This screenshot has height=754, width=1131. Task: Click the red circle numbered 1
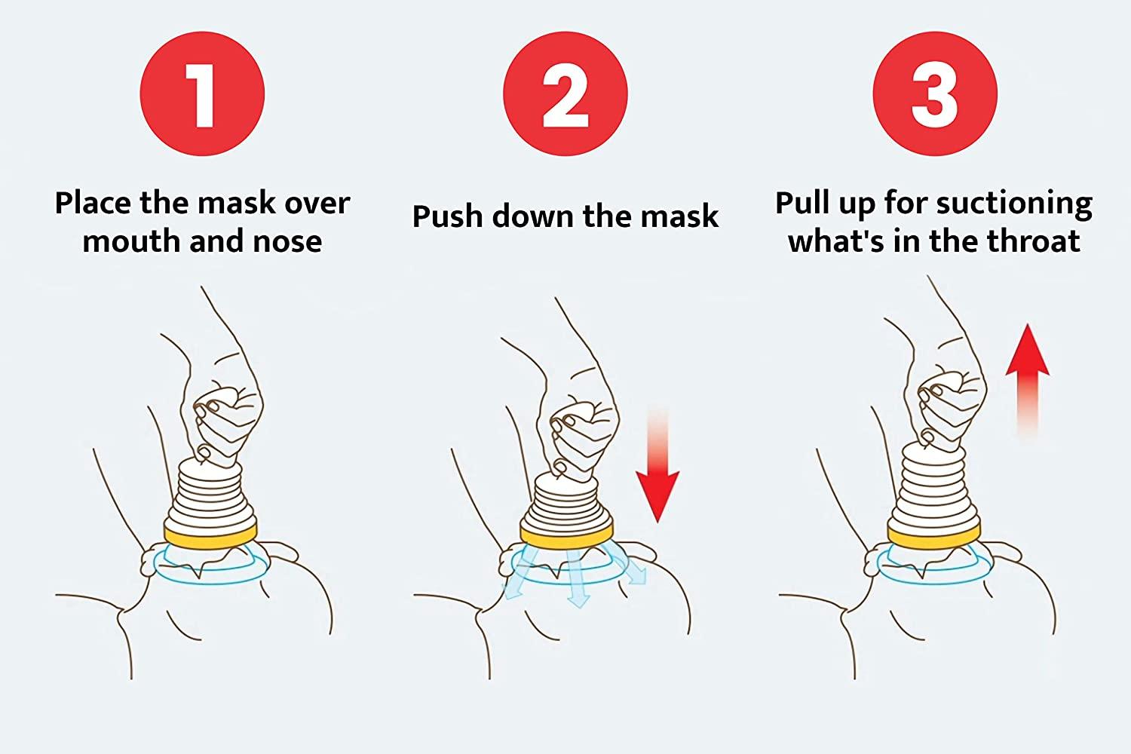click(x=203, y=94)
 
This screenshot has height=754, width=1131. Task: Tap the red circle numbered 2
click(x=565, y=94)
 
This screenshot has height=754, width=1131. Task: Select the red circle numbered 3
click(x=935, y=94)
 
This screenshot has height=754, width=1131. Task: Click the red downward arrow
click(x=657, y=464)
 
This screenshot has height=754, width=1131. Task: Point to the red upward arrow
click(x=1028, y=382)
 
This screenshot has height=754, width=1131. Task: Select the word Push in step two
click(x=448, y=216)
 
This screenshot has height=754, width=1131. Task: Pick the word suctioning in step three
click(x=1014, y=204)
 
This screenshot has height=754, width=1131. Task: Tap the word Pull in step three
click(x=802, y=203)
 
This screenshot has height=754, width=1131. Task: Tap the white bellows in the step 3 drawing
click(x=933, y=486)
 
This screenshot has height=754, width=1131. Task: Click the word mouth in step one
click(x=132, y=241)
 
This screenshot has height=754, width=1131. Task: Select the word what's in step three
click(x=835, y=241)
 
